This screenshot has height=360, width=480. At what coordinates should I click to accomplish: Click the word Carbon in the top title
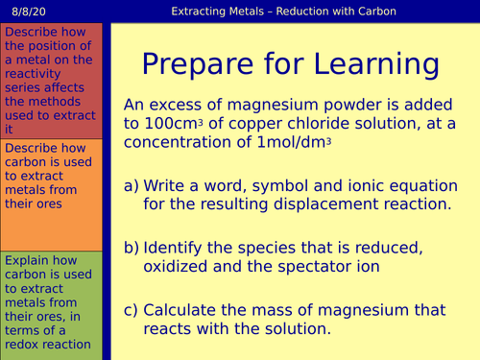click(372, 12)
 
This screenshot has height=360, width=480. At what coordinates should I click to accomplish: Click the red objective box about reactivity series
click(52, 81)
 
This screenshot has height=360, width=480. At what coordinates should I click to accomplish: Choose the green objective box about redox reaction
click(52, 302)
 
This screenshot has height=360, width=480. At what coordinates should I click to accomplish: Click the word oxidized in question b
click(179, 267)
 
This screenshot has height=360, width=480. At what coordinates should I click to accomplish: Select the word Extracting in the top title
click(204, 12)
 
